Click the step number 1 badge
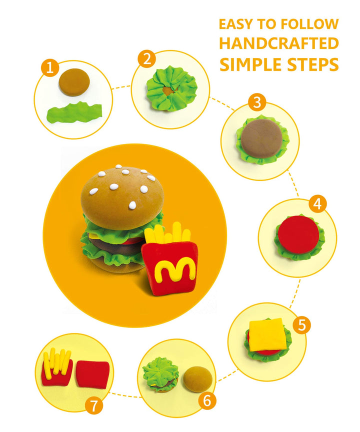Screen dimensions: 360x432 pyautogui.click(x=50, y=67)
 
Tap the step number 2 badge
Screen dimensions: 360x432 pyautogui.click(x=147, y=58)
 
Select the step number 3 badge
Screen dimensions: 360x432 pyautogui.click(x=257, y=102)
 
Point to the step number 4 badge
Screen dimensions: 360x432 pyautogui.click(x=317, y=204)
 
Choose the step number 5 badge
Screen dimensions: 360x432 pyautogui.click(x=301, y=325)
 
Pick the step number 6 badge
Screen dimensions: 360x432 pyautogui.click(x=207, y=400)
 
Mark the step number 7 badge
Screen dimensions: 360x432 pyautogui.click(x=93, y=405)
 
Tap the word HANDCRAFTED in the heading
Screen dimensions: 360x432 pyautogui.click(x=279, y=43)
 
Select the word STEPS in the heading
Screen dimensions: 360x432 pyautogui.click(x=313, y=64)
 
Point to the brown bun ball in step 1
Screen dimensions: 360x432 pyautogui.click(x=74, y=82)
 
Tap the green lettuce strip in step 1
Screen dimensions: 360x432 pyautogui.click(x=74, y=112)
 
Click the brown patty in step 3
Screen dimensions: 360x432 pyautogui.click(x=261, y=138)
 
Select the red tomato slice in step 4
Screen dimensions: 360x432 pyautogui.click(x=298, y=234)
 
